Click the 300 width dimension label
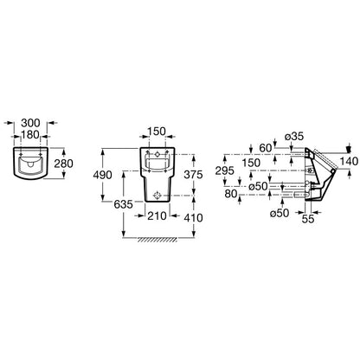30,123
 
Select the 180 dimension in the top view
30,134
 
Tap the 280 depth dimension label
64,164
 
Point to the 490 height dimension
102,175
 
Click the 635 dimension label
124,204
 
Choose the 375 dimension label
193,175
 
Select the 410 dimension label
193,218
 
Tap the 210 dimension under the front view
157,215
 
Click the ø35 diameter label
294,137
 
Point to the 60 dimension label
266,148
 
